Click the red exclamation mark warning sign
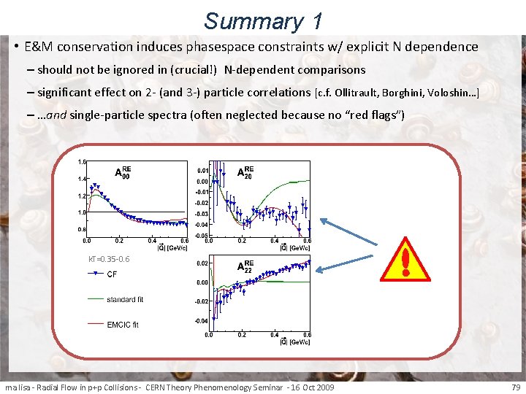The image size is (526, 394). (x=405, y=260)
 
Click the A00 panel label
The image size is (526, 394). (x=123, y=172)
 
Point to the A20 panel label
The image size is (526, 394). (x=247, y=172)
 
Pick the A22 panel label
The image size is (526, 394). (x=247, y=267)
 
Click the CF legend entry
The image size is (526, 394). (x=111, y=274)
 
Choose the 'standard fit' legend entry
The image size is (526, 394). (x=125, y=299)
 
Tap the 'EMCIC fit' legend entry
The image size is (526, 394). (x=122, y=325)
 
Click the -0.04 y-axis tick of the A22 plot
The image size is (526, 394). (x=201, y=320)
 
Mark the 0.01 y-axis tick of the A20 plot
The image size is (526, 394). (x=202, y=169)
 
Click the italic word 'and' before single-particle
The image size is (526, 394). (x=57, y=115)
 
